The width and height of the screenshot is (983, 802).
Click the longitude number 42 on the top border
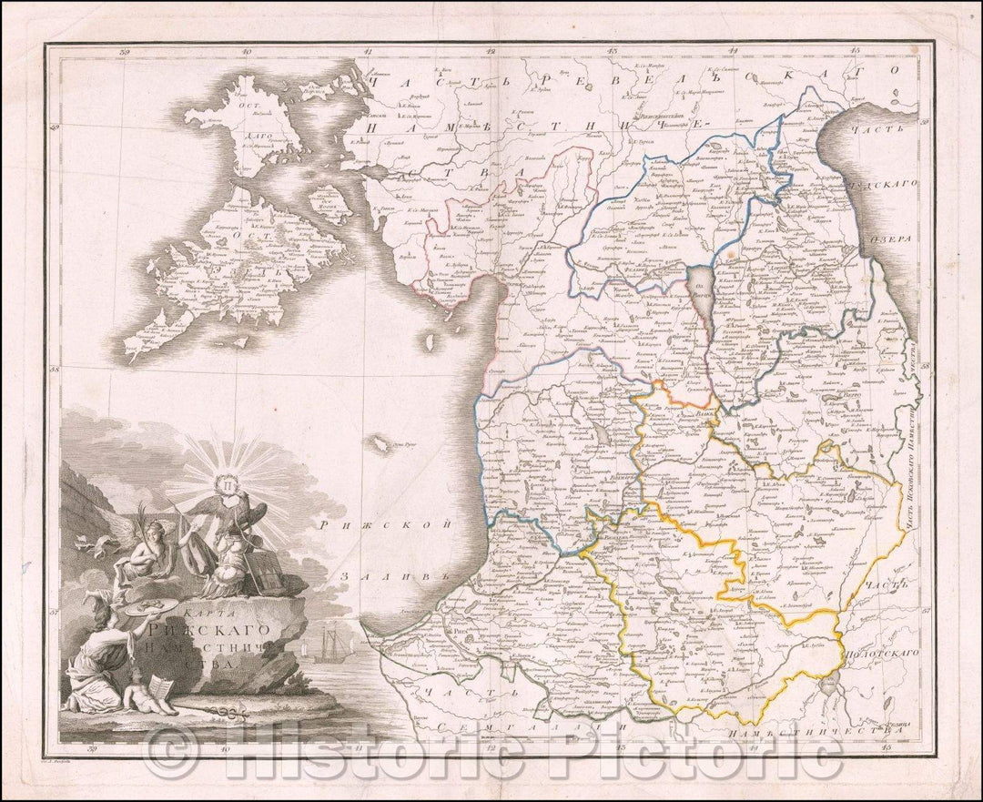point(491,52)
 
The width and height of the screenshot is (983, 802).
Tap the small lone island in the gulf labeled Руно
point(377,444)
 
